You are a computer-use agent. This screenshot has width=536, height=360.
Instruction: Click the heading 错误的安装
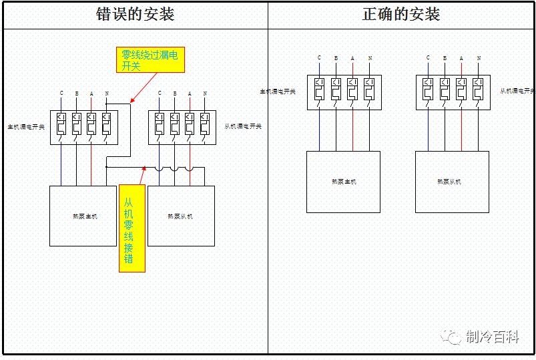pyautogui.click(x=136, y=15)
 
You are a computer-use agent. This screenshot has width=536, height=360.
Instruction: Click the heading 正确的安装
pyautogui.click(x=401, y=15)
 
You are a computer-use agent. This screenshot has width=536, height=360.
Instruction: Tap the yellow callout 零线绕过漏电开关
pyautogui.click(x=150, y=59)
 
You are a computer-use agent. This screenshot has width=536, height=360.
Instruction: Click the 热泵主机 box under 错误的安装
pyautogui.click(x=83, y=216)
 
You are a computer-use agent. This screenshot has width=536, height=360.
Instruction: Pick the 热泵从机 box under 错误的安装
pyautogui.click(x=181, y=216)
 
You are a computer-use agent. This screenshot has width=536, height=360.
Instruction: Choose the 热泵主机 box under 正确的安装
pyautogui.click(x=343, y=182)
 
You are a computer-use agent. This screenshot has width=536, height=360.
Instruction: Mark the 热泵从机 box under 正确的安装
pyautogui.click(x=449, y=182)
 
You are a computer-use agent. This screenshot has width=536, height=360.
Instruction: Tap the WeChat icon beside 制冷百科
pyautogui.click(x=455, y=337)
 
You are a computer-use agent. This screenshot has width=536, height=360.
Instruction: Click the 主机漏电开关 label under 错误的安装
pyautogui.click(x=26, y=126)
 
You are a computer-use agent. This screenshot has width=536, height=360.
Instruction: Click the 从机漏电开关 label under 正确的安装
pyautogui.click(x=518, y=91)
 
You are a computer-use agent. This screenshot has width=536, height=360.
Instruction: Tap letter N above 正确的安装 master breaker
pyautogui.click(x=370, y=59)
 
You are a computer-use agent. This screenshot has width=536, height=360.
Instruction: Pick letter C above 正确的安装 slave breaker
pyautogui.click(x=429, y=58)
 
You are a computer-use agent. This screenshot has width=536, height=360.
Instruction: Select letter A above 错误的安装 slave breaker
pyautogui.click(x=190, y=94)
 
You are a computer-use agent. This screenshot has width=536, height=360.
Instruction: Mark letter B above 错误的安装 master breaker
pyautogui.click(x=77, y=94)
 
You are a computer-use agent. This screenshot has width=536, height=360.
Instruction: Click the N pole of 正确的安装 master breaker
pyautogui.click(x=369, y=92)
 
